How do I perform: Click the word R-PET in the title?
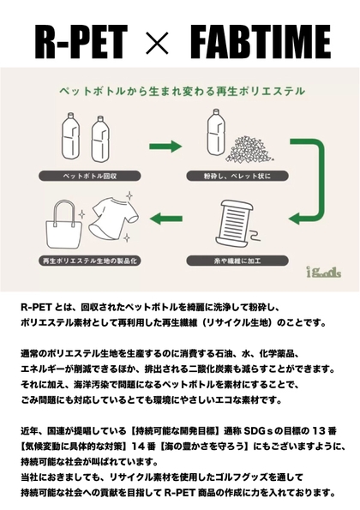81,42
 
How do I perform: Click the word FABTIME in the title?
261,42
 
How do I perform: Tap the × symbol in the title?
158,43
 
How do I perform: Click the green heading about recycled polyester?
182,91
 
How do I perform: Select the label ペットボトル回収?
90,176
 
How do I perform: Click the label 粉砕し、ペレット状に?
237,176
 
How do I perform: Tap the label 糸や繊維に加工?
237,261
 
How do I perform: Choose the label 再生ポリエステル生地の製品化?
90,261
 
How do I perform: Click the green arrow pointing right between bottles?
165,147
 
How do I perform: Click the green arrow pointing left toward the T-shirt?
166,219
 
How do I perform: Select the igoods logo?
324,272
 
